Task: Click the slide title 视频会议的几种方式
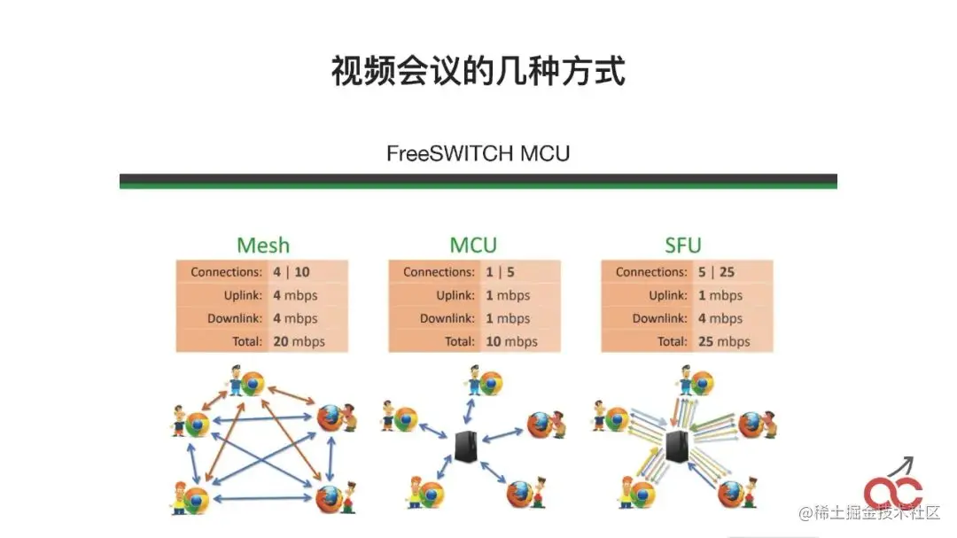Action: (478, 72)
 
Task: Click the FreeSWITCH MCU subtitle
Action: (478, 153)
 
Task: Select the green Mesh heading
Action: (262, 245)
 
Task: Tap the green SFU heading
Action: (682, 245)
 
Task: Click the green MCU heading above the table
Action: (473, 245)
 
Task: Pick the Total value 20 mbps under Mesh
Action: (299, 341)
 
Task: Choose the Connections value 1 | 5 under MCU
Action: (501, 272)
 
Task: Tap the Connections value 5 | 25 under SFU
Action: (716, 272)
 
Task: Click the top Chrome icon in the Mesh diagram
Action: (253, 384)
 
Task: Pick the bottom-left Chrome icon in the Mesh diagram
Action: (196, 499)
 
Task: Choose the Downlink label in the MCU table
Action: (447, 318)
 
